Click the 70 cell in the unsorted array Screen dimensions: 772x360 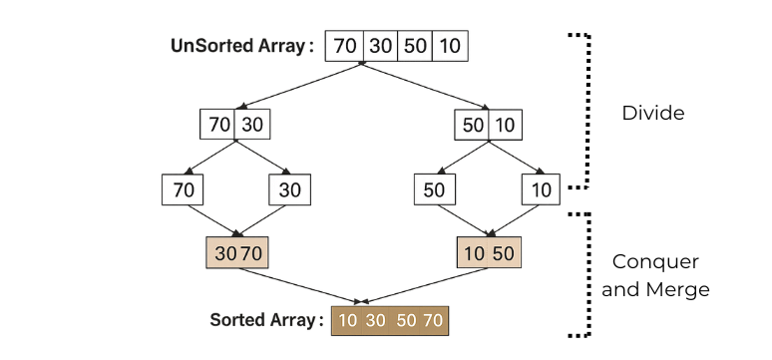(344, 46)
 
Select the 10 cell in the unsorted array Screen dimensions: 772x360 (450, 46)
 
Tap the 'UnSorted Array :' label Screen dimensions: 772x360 (242, 46)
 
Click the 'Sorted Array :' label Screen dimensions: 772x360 (267, 320)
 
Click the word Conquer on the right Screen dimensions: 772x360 (655, 261)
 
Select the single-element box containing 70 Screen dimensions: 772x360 (183, 189)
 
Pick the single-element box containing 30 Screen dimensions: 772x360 (289, 189)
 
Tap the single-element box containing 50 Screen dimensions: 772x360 (434, 189)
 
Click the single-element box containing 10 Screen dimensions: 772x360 (541, 189)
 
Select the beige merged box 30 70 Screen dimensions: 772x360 (237, 253)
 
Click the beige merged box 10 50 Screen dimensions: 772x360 (489, 253)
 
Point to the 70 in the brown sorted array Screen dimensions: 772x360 (433, 320)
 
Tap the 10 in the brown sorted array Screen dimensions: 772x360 (347, 320)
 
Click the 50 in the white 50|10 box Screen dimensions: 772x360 (472, 125)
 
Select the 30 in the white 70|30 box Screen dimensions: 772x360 (252, 124)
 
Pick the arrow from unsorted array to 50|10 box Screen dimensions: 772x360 (425, 85)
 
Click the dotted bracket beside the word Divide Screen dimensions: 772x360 (587, 111)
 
